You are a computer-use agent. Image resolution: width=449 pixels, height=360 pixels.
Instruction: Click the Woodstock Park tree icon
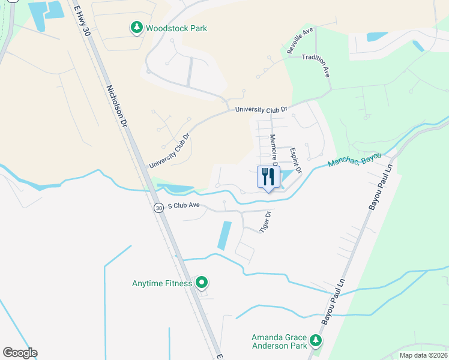click(x=137, y=28)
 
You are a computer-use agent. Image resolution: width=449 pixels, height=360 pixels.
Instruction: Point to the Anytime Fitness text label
click(x=162, y=283)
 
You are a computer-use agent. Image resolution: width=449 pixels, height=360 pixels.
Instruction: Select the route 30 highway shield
click(x=158, y=208)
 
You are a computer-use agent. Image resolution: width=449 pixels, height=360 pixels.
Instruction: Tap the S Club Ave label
click(x=184, y=205)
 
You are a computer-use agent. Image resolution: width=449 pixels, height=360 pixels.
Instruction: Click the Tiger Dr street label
click(x=265, y=222)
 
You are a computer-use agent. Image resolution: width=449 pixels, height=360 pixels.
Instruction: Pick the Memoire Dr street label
click(x=273, y=150)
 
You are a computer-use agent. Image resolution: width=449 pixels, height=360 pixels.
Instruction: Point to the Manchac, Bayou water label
click(x=355, y=160)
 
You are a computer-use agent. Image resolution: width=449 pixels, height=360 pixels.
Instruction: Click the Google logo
click(x=20, y=353)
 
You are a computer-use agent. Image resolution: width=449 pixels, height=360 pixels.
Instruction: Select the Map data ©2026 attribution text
click(x=423, y=355)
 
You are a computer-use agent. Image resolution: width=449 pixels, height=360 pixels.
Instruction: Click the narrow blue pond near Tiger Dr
click(x=224, y=236)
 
